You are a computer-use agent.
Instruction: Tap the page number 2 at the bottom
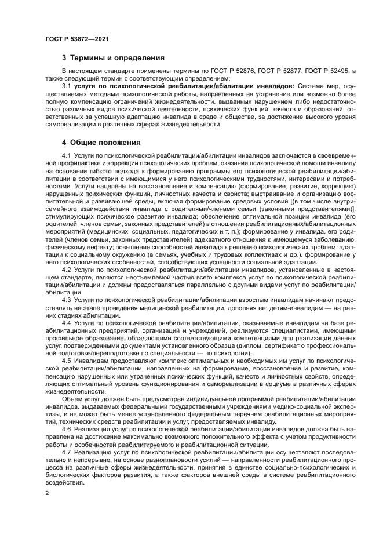click(x=47, y=493)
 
